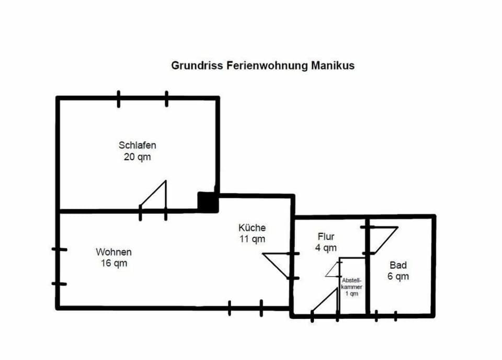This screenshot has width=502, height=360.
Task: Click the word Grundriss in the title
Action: tap(198, 66)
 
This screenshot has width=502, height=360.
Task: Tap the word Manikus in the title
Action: tap(333, 66)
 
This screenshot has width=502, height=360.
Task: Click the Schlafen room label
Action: tap(137, 145)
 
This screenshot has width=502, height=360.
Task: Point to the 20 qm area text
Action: tap(137, 156)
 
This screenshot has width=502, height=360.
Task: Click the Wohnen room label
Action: tap(113, 252)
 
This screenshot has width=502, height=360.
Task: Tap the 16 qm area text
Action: tap(113, 264)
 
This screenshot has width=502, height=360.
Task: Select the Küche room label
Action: tap(252, 228)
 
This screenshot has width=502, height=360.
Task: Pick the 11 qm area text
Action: tap(252, 239)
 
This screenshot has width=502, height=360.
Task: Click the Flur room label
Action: tap(326, 237)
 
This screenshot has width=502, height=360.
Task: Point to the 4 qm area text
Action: tap(326, 248)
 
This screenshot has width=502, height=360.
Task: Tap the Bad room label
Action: tap(398, 265)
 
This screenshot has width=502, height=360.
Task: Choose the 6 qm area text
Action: tap(398, 276)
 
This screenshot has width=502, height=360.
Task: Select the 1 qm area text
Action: tap(351, 294)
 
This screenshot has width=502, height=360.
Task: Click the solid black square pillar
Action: tap(208, 202)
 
